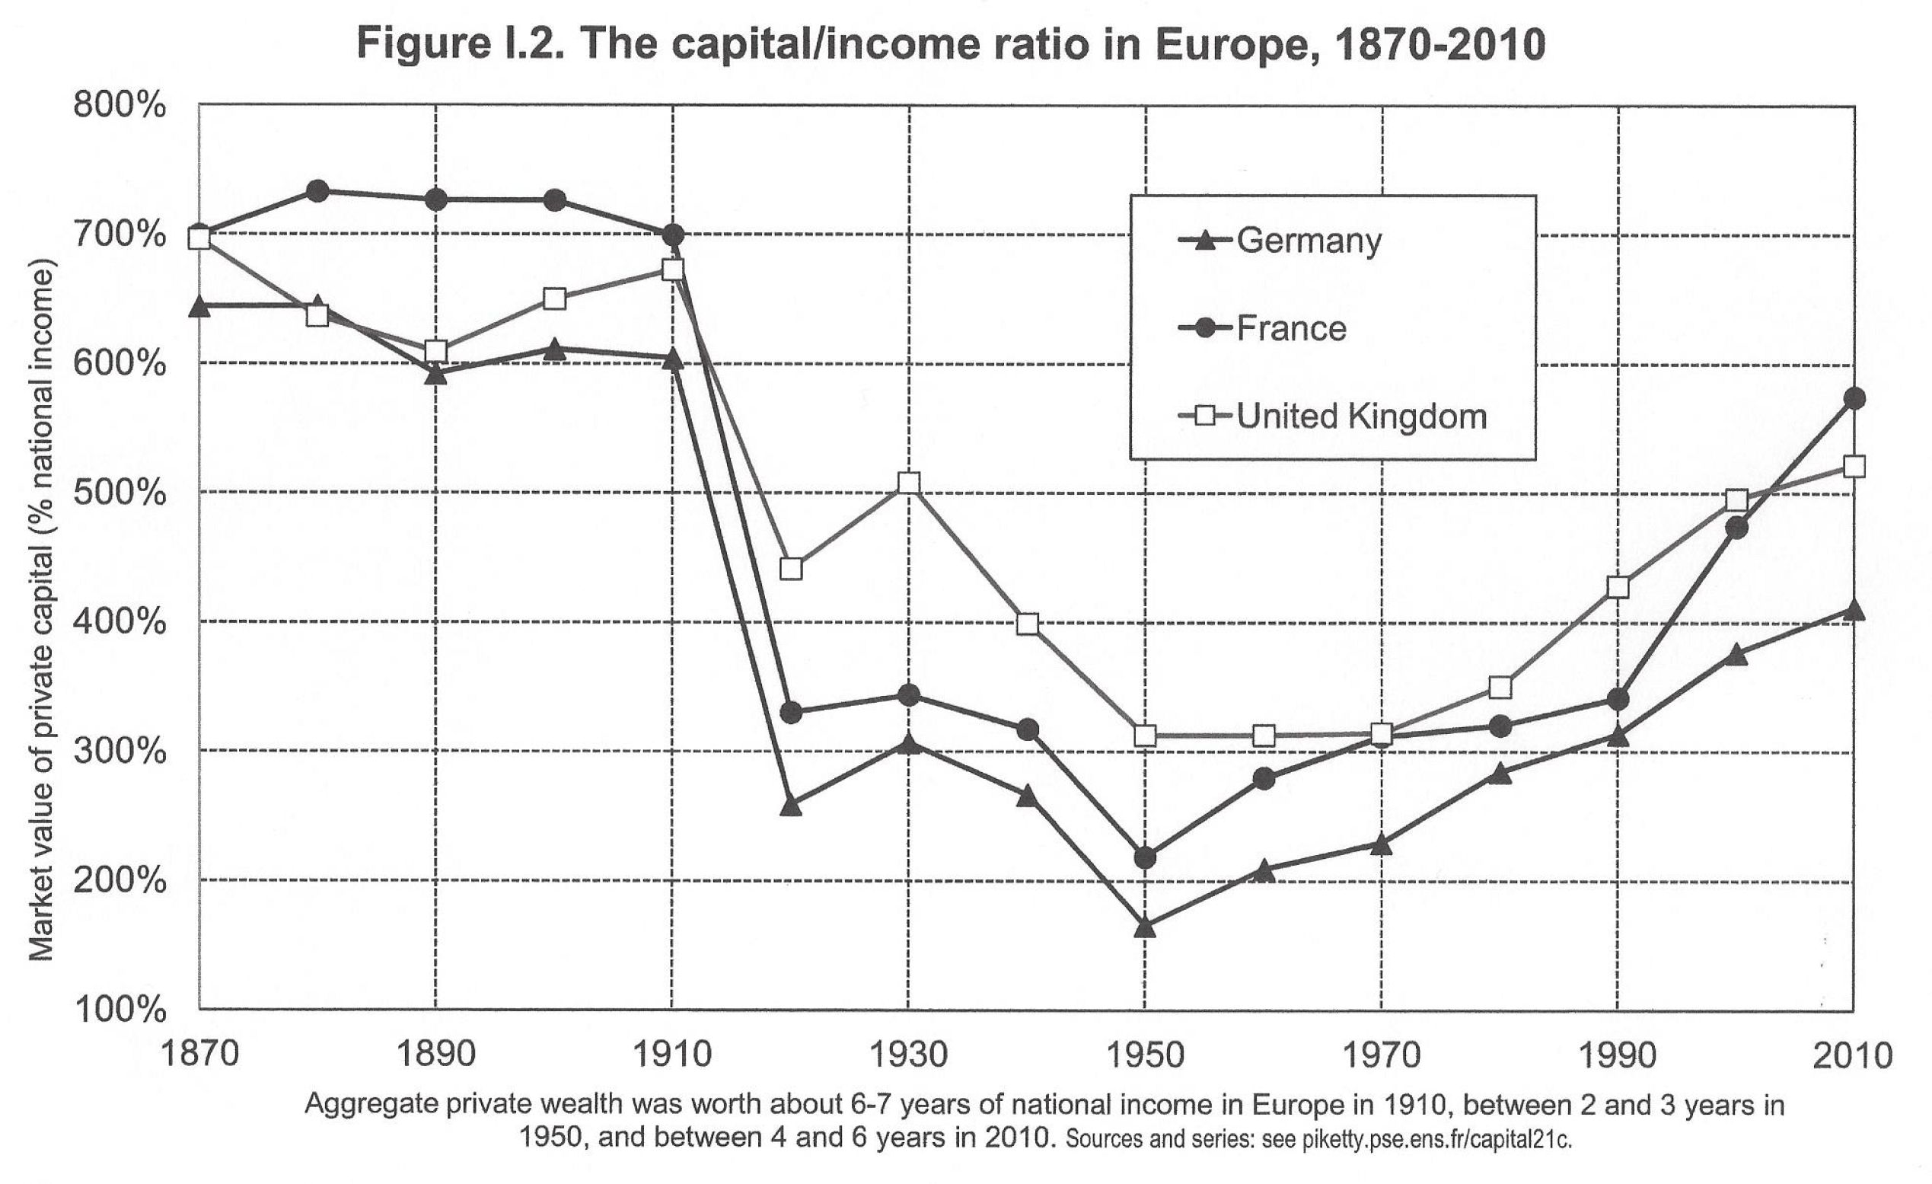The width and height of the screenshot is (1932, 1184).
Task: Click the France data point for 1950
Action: (x=1145, y=858)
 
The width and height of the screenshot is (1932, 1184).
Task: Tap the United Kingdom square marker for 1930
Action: (x=909, y=482)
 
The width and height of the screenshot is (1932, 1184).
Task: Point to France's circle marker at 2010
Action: (x=1854, y=398)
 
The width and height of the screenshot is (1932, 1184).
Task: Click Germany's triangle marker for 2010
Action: (x=1854, y=610)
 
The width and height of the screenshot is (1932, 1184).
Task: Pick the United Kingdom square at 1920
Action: (x=791, y=569)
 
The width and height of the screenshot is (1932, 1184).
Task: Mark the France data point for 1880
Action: (x=317, y=190)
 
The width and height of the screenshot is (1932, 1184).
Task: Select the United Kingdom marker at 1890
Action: (x=436, y=350)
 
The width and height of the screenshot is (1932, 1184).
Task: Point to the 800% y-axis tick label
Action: (x=120, y=105)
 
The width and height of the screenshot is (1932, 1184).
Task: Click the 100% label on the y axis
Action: (x=120, y=1009)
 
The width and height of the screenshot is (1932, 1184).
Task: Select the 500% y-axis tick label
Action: (x=120, y=493)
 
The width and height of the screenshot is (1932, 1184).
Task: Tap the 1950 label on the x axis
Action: (x=1145, y=1055)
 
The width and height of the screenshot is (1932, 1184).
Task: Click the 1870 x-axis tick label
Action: (x=199, y=1055)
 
